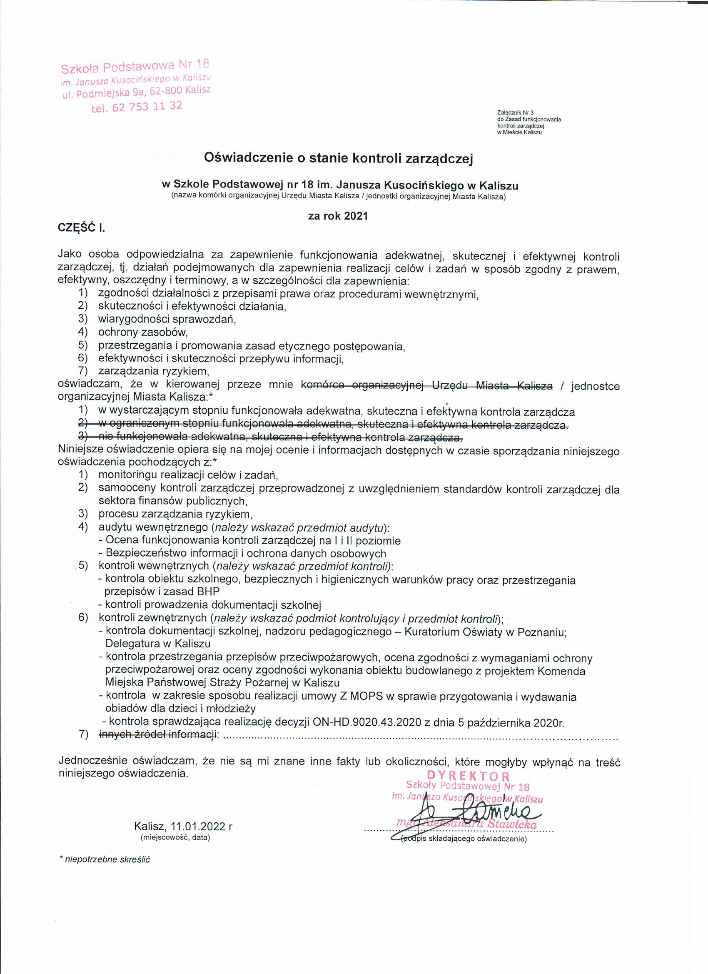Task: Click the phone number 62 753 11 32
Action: (147, 107)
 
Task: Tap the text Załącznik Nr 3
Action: (515, 113)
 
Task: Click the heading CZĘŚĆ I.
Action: (81, 228)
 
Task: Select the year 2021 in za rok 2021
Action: (356, 216)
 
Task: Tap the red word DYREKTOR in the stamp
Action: (469, 776)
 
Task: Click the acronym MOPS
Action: (366, 696)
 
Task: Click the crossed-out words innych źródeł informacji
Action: (157, 734)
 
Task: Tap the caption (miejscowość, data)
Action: (175, 837)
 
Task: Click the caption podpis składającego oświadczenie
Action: (464, 839)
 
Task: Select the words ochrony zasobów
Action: (143, 332)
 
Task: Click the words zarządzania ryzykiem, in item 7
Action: (154, 371)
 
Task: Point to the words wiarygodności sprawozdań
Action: (167, 319)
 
